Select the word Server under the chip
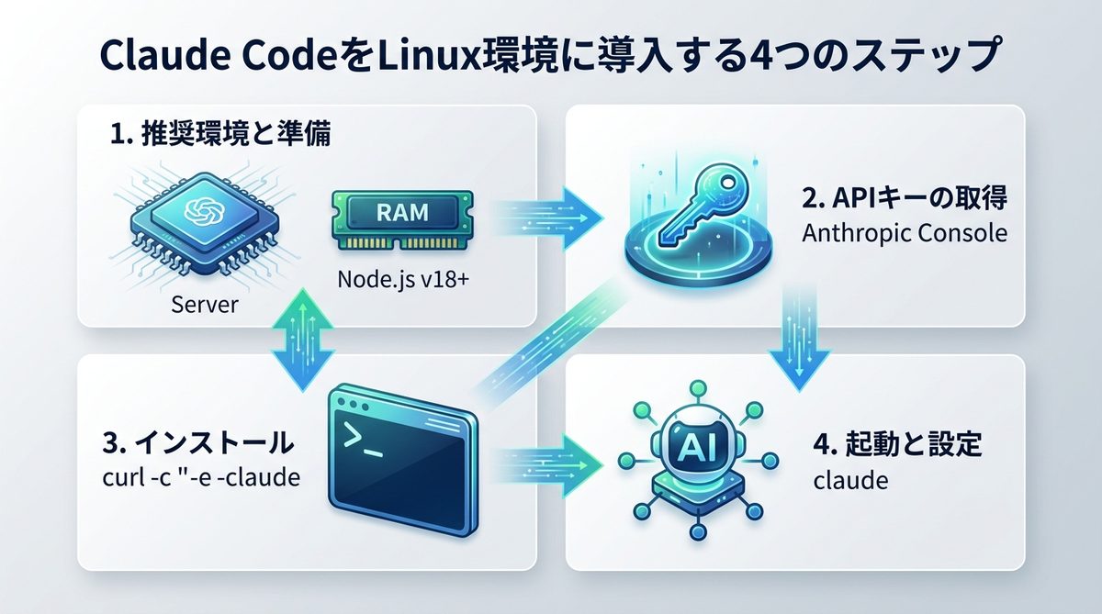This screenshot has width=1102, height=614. pyautogui.click(x=204, y=304)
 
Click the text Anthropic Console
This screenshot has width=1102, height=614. pyautogui.click(x=905, y=233)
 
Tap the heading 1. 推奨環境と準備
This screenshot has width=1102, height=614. pyautogui.click(x=219, y=137)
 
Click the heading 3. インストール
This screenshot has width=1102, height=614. pyautogui.click(x=200, y=443)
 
